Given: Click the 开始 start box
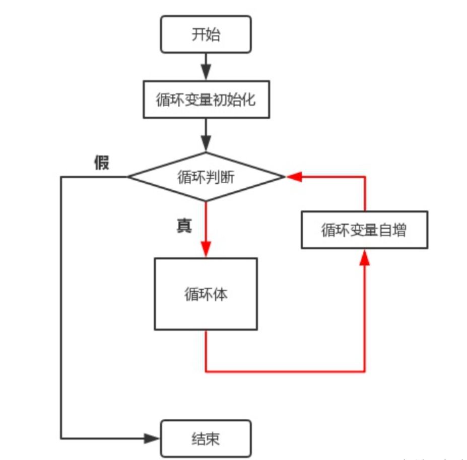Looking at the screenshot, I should (x=206, y=34).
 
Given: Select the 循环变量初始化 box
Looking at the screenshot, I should (x=206, y=99).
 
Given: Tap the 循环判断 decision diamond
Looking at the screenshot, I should (x=206, y=177).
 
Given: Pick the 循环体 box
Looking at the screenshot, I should (x=206, y=294).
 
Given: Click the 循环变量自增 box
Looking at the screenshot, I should (x=364, y=230).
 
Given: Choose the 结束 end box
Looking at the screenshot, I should (x=206, y=438).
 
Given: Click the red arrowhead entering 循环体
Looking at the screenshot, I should (x=206, y=250).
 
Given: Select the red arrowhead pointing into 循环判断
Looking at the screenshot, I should (x=294, y=177).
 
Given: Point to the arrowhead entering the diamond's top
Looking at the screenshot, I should (x=206, y=143).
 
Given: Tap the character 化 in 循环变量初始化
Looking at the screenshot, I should (x=249, y=100).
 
